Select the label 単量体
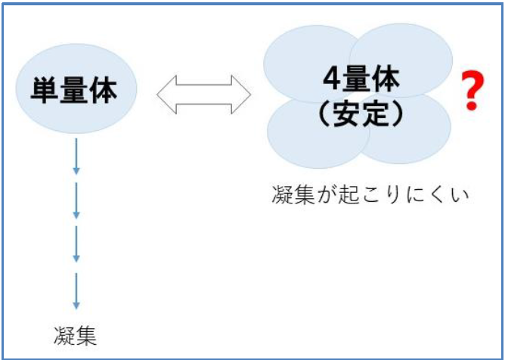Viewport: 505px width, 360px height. point(74,90)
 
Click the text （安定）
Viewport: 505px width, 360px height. point(359,113)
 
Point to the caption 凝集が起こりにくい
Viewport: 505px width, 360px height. point(370,194)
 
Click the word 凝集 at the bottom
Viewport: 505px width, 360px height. point(76,335)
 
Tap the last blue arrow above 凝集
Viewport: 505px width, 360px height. point(76,290)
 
